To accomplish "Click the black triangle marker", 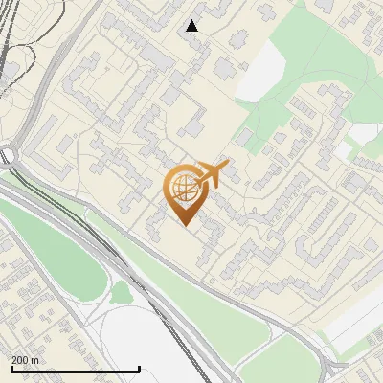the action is tap(192, 26).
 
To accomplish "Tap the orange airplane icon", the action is tap(213, 174).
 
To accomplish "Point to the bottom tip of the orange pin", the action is tap(184, 226).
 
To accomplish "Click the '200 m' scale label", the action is tap(25, 360).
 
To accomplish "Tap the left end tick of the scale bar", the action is tap(11, 368).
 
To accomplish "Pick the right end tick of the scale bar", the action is tap(140, 368).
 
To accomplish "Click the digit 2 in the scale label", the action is tap(14, 360).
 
